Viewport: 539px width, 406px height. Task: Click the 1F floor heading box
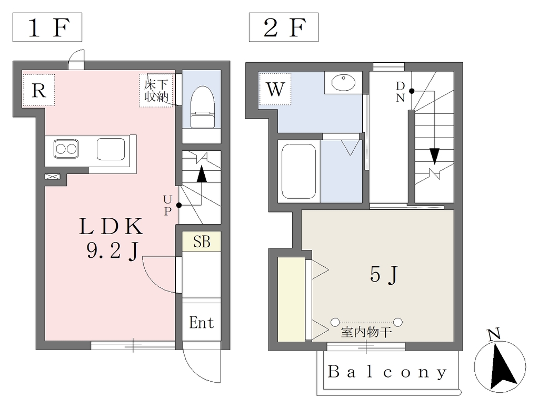pos(47,27)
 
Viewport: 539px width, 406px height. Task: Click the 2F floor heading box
pos(284,27)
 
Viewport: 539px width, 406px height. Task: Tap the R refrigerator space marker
pos(38,90)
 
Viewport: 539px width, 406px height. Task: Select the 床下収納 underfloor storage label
pos(156,91)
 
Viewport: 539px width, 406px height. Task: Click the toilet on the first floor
pos(202,107)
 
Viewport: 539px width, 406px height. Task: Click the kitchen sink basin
pos(111,149)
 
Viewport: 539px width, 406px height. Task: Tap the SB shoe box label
pos(202,241)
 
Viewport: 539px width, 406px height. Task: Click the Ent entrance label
pos(202,323)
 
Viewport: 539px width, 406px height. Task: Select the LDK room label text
pos(111,226)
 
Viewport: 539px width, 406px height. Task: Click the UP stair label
pos(167,205)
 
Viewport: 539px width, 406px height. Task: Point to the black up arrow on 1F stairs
pos(202,174)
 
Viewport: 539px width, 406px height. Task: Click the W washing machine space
pos(275,89)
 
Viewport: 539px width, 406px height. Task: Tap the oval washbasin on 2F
pos(343,83)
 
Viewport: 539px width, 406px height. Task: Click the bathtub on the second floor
pos(298,171)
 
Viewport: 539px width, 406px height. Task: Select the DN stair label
pos(400,92)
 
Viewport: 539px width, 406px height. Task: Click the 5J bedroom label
pos(383,275)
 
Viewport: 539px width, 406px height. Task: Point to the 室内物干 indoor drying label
pos(366,332)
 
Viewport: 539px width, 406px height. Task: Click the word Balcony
pos(387,372)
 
